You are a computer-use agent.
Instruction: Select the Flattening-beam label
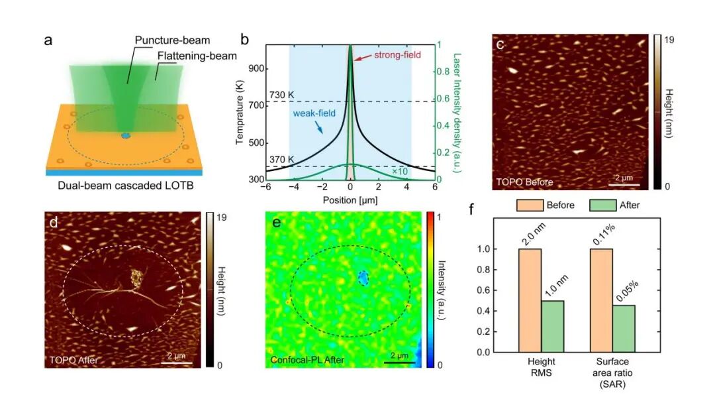coord(197,56)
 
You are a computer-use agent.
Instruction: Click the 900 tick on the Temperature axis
coord(256,69)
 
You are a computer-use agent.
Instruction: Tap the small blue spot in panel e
coord(361,278)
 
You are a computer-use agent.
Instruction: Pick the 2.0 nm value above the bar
coord(530,236)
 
